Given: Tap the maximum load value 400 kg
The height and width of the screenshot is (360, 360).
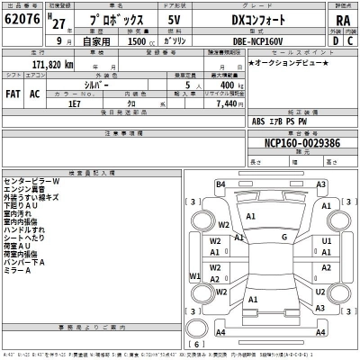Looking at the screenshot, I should coord(229,85).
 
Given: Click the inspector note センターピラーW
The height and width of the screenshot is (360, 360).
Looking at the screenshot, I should coord(31,181).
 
